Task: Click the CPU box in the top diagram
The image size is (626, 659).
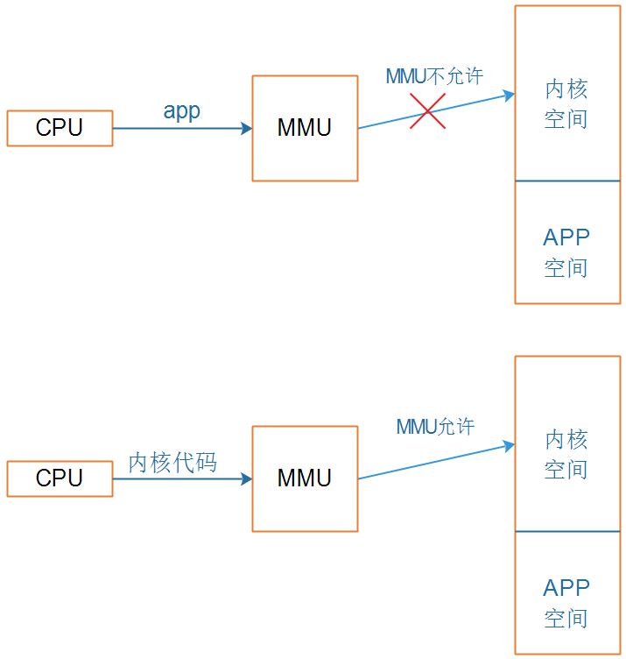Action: (x=60, y=128)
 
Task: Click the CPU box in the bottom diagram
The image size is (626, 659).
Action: (x=60, y=478)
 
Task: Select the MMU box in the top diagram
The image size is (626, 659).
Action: (x=305, y=128)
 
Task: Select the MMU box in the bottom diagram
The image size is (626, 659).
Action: (x=305, y=478)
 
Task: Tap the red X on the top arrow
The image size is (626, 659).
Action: (x=428, y=111)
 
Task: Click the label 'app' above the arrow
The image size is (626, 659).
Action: (x=182, y=111)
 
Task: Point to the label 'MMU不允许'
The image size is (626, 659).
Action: (x=434, y=76)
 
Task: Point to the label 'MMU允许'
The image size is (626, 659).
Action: (x=435, y=427)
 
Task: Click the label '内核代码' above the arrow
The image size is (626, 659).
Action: (x=172, y=463)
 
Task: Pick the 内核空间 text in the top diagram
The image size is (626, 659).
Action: (x=566, y=103)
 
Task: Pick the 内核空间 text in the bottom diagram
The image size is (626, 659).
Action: (x=566, y=454)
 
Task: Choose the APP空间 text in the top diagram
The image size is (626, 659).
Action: (x=566, y=252)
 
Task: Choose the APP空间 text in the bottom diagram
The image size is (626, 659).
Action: (x=566, y=603)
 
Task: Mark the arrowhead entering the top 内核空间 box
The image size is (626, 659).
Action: (x=509, y=96)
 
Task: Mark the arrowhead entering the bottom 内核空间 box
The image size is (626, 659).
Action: (x=509, y=446)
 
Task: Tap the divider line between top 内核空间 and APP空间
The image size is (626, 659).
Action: (x=567, y=181)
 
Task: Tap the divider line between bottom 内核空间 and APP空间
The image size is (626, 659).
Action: (x=567, y=532)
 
